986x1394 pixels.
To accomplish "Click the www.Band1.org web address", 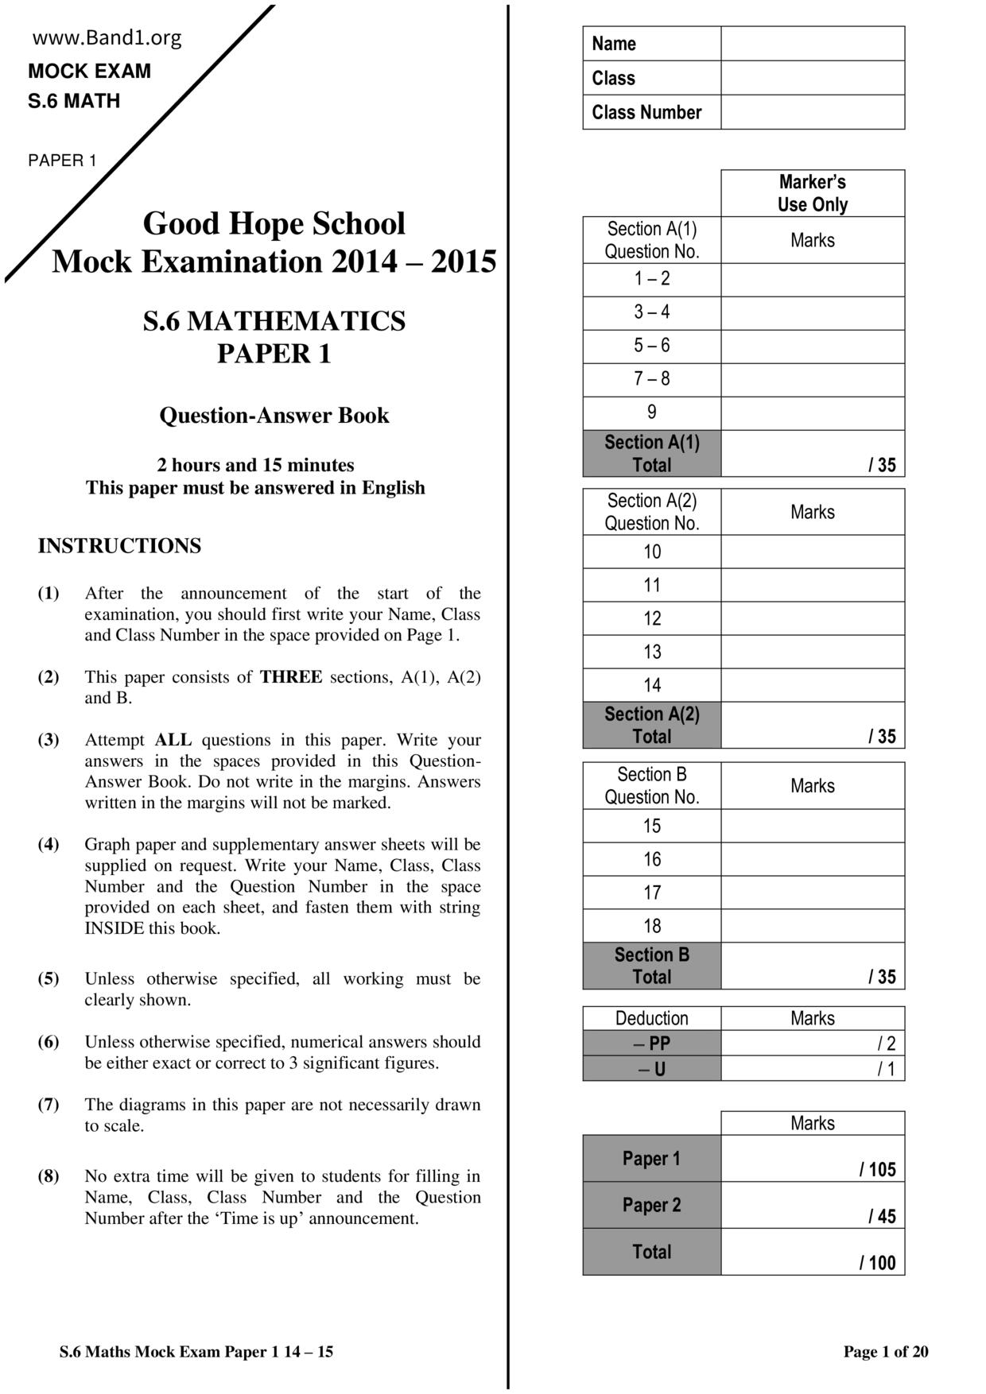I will click(x=107, y=38).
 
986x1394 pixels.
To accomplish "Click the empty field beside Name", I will click(x=812, y=44).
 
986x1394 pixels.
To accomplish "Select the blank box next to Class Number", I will click(x=812, y=112).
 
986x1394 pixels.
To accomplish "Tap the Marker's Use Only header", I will click(x=812, y=193).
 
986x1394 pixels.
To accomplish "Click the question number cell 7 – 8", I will click(x=651, y=379).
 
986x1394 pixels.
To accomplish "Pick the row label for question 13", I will click(x=651, y=652).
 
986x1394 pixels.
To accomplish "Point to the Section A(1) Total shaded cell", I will click(x=651, y=453).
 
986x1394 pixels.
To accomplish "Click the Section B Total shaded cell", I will click(x=651, y=966).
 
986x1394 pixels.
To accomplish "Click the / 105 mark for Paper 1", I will click(x=877, y=1169).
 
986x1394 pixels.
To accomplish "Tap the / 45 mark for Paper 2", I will click(x=882, y=1216).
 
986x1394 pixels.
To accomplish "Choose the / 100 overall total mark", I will click(x=877, y=1263).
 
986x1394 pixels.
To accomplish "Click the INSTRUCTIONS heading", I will click(x=119, y=546).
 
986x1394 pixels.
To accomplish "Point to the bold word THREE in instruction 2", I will click(x=291, y=677).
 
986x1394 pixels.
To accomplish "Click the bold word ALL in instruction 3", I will click(x=173, y=740).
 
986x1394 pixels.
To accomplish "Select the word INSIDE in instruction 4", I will click(x=115, y=928).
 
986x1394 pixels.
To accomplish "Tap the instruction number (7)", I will click(x=49, y=1105).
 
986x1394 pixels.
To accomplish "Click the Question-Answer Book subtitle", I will click(x=274, y=416).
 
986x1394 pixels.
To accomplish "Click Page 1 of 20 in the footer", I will click(x=885, y=1352).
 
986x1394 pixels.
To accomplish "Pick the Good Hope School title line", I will click(x=274, y=223).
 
